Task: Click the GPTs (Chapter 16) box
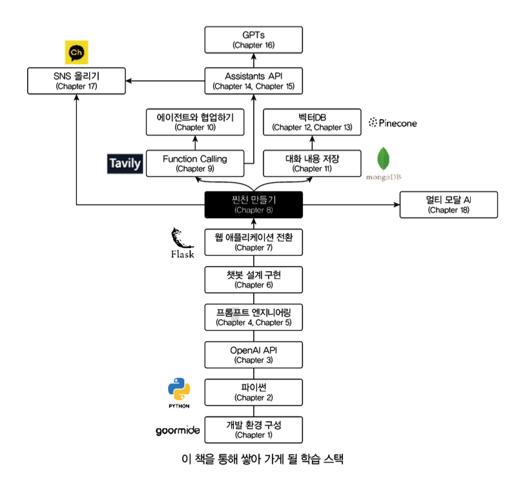(x=254, y=39)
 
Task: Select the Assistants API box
(x=254, y=81)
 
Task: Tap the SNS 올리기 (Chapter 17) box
(x=77, y=81)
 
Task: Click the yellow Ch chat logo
(x=77, y=52)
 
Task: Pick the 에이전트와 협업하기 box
(x=195, y=121)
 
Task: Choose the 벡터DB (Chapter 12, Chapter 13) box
(x=312, y=121)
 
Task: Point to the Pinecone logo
(x=395, y=122)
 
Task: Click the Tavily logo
(x=124, y=163)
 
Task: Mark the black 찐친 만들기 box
(x=254, y=204)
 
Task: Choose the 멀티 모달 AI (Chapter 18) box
(x=449, y=204)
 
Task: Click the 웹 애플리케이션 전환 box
(x=254, y=242)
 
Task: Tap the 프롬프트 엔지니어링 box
(x=254, y=317)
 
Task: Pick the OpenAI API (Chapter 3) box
(x=254, y=355)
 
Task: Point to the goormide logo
(x=178, y=430)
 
